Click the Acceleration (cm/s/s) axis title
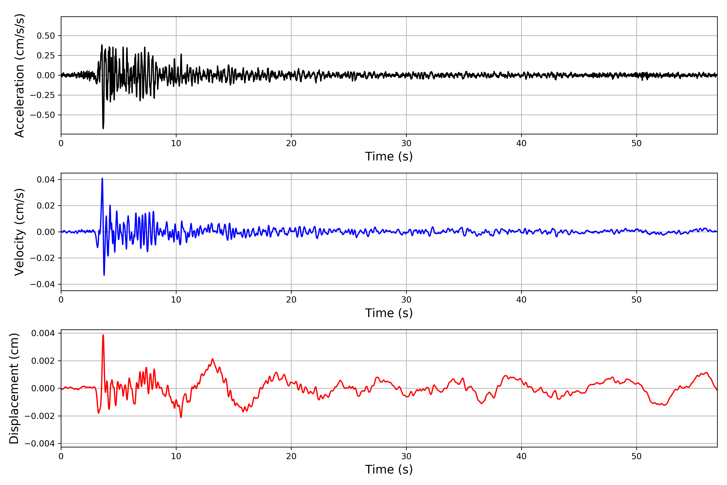tap(19, 75)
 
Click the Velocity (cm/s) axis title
tap(19, 232)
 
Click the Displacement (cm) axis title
tap(14, 388)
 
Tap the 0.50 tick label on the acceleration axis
tap(46, 36)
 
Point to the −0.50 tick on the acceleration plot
tap(42, 115)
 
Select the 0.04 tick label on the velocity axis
tap(46, 180)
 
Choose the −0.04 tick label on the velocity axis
tap(42, 284)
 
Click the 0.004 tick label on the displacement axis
tap(43, 333)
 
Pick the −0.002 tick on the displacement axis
tap(40, 416)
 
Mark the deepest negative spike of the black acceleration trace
tap(103, 128)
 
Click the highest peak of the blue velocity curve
tap(102, 179)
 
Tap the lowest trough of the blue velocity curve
tap(104, 275)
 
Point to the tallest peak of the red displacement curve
tap(103, 335)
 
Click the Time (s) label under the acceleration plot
tap(389, 156)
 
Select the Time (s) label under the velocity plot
tap(389, 313)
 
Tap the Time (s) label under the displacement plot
tap(389, 469)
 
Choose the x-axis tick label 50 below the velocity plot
tap(637, 300)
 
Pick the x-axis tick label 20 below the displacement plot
tap(291, 456)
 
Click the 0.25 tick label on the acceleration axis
tap(46, 56)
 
